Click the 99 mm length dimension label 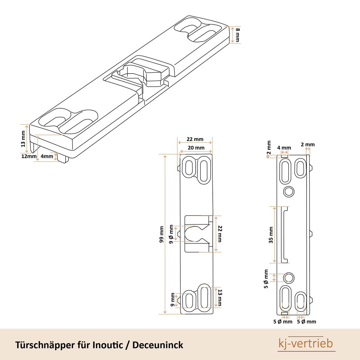click(x=162, y=234)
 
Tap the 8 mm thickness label click(x=238, y=34)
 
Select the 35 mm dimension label click(x=271, y=235)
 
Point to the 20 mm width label click(x=196, y=148)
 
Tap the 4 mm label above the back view click(x=284, y=148)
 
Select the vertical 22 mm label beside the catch click(x=220, y=234)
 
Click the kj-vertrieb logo click(x=306, y=343)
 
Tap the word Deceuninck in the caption click(x=158, y=345)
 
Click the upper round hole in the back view click(x=289, y=191)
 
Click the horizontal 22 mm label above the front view click(x=195, y=139)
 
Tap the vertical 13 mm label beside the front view click(x=220, y=298)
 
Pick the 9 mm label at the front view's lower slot click(x=172, y=300)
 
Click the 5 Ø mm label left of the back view click(x=266, y=279)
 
